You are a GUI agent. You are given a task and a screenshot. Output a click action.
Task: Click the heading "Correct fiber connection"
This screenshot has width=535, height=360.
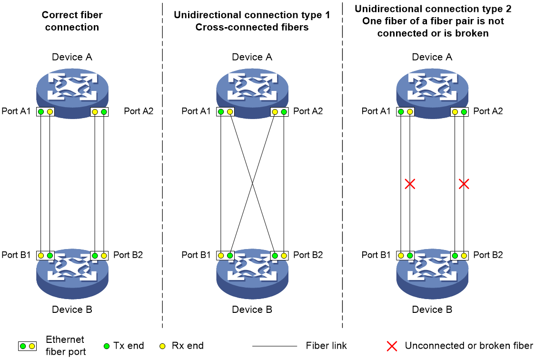click(72, 21)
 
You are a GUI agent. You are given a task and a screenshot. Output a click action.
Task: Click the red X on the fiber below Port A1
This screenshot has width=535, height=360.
click(410, 184)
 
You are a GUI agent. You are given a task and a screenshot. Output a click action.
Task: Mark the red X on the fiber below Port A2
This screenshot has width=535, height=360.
click(464, 184)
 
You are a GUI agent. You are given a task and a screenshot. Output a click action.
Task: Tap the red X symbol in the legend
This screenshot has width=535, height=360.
click(392, 346)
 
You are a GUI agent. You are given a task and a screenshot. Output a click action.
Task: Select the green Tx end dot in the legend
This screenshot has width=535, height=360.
click(107, 346)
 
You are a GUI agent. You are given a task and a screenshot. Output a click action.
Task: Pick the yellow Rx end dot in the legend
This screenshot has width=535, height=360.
click(163, 346)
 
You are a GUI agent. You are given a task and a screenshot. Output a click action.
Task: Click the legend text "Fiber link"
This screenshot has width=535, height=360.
click(326, 346)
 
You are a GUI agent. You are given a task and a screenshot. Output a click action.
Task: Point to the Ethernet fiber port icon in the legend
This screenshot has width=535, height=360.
click(27, 346)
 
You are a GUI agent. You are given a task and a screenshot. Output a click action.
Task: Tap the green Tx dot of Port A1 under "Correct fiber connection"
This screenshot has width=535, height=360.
click(41, 111)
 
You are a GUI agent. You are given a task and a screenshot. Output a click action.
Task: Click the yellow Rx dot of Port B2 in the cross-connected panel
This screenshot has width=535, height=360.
click(284, 256)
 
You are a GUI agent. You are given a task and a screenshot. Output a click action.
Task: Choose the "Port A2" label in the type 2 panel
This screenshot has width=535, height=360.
click(488, 111)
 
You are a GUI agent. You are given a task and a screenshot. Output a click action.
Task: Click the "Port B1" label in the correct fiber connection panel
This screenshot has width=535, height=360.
click(16, 255)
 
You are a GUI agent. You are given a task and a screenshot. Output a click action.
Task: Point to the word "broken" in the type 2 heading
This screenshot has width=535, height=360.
click(472, 33)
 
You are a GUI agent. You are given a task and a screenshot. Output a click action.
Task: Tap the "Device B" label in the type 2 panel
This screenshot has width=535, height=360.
click(432, 310)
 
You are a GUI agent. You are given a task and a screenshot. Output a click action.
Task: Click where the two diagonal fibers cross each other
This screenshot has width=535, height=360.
click(252, 184)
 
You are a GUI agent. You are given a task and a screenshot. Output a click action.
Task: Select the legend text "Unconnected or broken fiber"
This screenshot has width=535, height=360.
click(469, 346)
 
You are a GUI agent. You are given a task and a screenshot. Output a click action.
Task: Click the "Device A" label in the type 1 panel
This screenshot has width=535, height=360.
click(252, 57)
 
